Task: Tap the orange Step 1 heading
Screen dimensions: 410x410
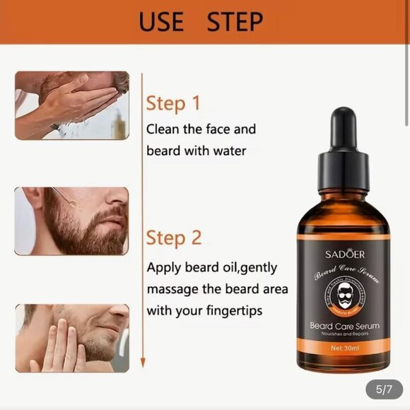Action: tap(173, 103)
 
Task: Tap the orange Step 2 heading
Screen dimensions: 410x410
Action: tap(174, 238)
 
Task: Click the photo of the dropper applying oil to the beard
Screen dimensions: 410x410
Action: tap(72, 221)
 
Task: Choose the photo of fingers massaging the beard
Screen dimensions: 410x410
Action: tap(72, 338)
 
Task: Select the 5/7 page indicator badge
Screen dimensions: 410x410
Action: tap(384, 389)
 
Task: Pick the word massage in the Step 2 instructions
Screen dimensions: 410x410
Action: tap(172, 289)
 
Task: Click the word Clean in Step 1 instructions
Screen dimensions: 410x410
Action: tap(163, 129)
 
